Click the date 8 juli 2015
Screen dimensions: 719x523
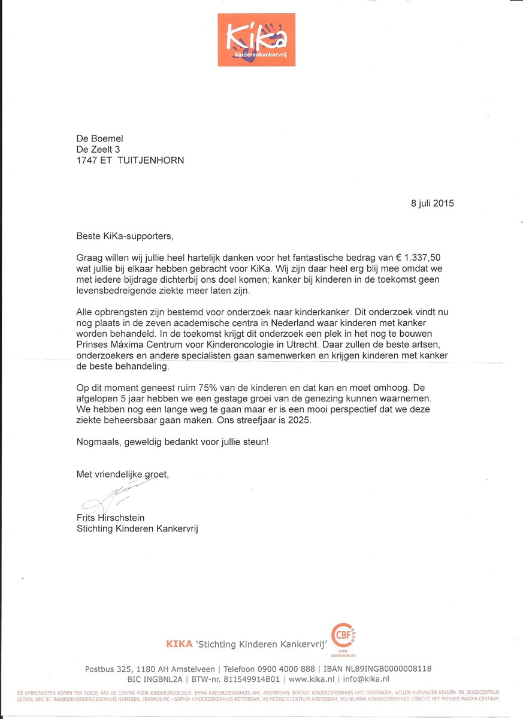[432, 203]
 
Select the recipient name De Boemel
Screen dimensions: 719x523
[102, 138]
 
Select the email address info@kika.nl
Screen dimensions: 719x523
[365, 679]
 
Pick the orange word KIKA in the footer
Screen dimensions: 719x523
[179, 644]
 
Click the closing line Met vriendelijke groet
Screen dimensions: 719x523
[123, 475]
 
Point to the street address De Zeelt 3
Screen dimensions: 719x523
[98, 149]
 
